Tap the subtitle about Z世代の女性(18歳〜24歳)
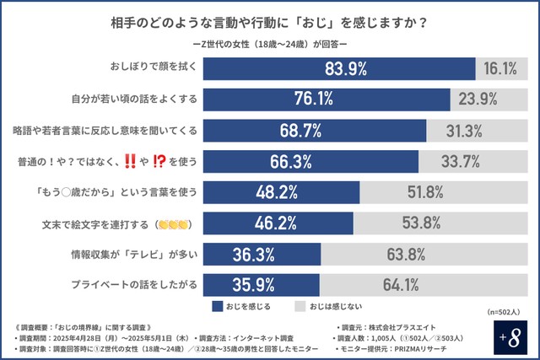(x=270, y=40)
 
